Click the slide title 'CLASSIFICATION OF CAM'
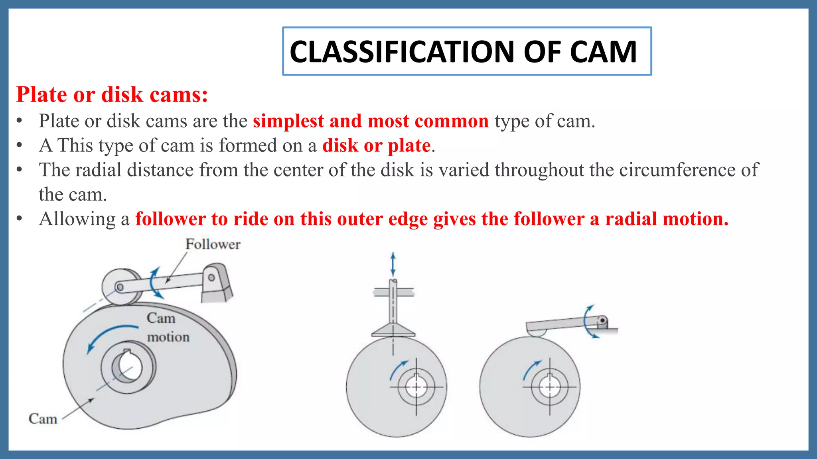point(463,52)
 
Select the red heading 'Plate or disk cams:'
point(112,95)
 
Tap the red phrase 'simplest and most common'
point(371,121)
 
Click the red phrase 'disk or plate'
point(376,145)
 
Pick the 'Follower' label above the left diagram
point(213,244)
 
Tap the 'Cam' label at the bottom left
point(43,419)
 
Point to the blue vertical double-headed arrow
point(393,264)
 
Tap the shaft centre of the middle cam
point(416,386)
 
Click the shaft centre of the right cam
point(550,386)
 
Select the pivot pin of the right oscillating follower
point(602,321)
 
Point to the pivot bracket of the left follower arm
point(215,283)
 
